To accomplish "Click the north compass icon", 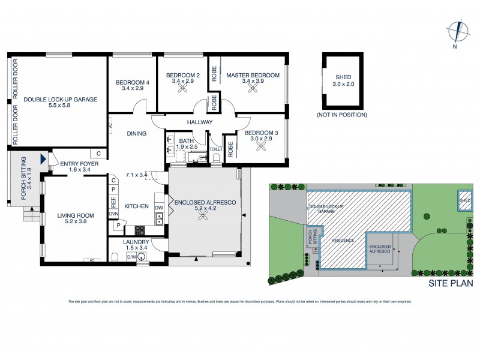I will pyautogui.click(x=457, y=31).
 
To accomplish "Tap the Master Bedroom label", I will pyautogui.click(x=253, y=75).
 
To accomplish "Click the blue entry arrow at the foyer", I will pyautogui.click(x=43, y=159).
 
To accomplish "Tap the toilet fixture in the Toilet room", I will pyautogui.click(x=217, y=157).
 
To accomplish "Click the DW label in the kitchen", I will pyautogui.click(x=159, y=208).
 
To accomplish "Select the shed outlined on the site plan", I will pyautogui.click(x=465, y=200).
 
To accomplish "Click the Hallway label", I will pyautogui.click(x=200, y=122).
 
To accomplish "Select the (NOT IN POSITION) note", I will pyautogui.click(x=341, y=115).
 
